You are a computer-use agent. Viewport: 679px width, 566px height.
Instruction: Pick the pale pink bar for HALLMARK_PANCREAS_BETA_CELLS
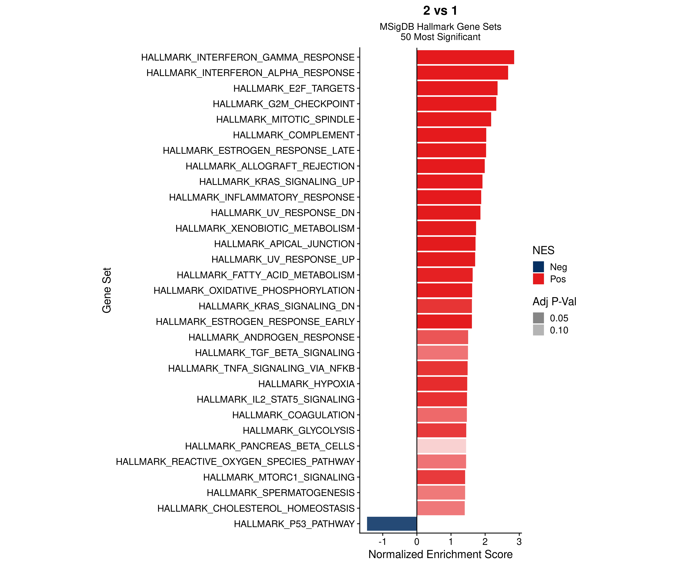[441, 446]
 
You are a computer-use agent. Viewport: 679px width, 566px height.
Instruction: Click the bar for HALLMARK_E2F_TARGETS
[457, 88]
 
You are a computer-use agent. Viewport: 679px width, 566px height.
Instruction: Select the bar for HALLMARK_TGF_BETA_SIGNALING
[442, 353]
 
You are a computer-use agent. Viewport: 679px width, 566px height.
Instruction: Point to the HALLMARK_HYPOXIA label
[306, 384]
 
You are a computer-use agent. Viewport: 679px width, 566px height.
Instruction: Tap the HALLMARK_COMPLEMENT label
[294, 135]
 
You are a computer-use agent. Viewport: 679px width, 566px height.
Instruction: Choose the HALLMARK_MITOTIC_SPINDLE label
[285, 119]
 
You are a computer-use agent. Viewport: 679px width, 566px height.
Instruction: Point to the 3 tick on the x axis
[519, 542]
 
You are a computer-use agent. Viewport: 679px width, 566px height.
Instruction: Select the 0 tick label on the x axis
[417, 542]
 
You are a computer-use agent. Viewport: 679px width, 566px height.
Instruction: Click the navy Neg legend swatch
[538, 267]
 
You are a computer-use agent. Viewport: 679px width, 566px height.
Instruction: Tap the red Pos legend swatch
[538, 279]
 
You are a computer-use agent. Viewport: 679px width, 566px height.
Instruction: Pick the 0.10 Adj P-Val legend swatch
[538, 330]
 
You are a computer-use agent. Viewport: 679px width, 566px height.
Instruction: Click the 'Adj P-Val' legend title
[554, 301]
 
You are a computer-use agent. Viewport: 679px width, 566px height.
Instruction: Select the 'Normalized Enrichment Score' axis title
[440, 554]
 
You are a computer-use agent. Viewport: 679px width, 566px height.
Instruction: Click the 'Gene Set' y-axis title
[107, 290]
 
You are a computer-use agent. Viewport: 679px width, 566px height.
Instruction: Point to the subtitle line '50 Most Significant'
[440, 37]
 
